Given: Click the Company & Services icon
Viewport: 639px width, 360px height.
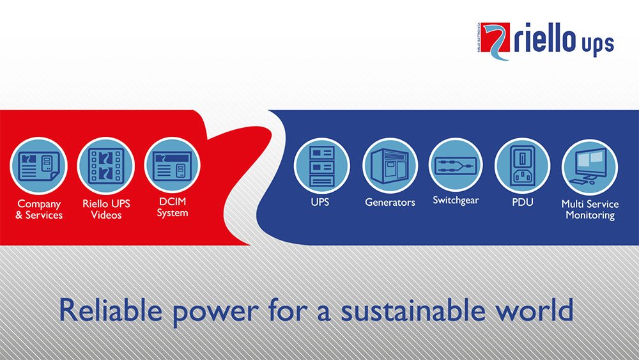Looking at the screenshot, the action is coord(39,166).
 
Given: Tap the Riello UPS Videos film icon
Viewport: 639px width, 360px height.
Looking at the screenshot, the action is coord(106,166).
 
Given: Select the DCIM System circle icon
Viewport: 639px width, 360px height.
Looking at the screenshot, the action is coord(173,165).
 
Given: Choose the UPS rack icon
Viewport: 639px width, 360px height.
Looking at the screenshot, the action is coord(322,166).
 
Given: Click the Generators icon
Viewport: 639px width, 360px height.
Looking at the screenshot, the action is coord(390,166).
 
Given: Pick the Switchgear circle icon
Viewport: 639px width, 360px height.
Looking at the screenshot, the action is coord(456,165).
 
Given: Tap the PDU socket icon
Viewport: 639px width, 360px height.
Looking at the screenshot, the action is coord(523,166).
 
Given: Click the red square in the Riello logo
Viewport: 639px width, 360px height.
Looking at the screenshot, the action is coord(495,37).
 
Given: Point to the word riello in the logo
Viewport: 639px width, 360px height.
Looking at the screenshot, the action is coord(544,38).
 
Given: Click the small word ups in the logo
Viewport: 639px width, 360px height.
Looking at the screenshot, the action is coord(598,44).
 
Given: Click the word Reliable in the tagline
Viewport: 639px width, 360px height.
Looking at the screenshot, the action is coord(111,309).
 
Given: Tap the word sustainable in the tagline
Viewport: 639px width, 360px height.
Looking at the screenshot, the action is coord(413,309).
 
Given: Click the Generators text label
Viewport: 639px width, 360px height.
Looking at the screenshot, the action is coord(390,202).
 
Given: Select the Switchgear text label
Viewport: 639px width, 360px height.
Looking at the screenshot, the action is coord(456,201).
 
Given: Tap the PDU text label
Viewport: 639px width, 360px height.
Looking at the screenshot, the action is coord(523,202).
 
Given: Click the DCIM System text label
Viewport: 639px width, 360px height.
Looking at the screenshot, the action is coord(173,207).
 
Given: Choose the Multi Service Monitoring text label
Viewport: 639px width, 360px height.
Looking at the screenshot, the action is coord(590,210).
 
